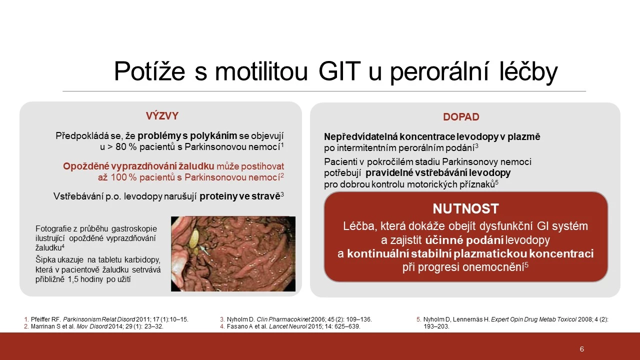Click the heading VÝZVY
(162, 115)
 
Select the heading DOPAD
(461, 117)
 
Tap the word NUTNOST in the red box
(465, 208)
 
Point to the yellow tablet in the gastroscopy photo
(194, 238)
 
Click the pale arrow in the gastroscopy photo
(204, 250)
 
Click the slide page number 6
(581, 349)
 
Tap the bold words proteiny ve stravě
(239, 196)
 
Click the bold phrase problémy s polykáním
(187, 135)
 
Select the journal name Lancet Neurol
(287, 326)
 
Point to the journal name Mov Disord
(92, 326)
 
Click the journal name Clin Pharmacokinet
(283, 319)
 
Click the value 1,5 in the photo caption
(72, 279)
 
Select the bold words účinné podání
(464, 240)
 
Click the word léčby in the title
(528, 71)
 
